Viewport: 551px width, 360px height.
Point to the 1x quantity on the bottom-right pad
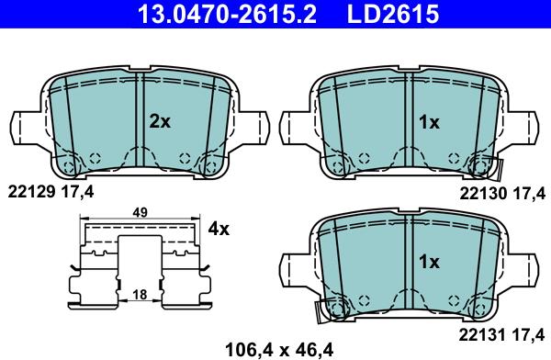tap(429, 262)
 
